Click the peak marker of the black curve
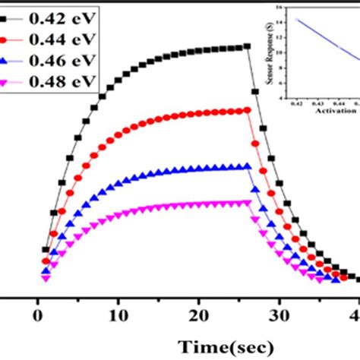pos(248,46)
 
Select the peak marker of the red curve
pos(248,110)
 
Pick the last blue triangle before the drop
pos(248,166)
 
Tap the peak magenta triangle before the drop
pos(248,202)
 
